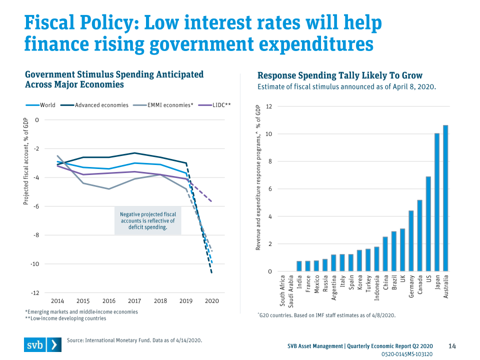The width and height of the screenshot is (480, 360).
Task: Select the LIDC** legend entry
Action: tap(215, 105)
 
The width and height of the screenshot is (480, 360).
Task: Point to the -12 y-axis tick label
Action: tap(35, 292)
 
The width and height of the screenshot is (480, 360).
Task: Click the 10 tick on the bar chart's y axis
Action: tap(268, 134)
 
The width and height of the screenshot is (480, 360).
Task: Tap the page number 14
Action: tap(452, 346)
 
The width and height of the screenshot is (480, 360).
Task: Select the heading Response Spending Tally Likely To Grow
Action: tap(340, 76)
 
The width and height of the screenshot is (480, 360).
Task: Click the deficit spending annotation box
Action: tap(147, 220)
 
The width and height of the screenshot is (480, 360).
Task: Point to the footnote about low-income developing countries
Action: tap(65, 318)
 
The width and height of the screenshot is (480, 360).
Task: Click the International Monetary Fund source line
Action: tap(134, 340)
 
